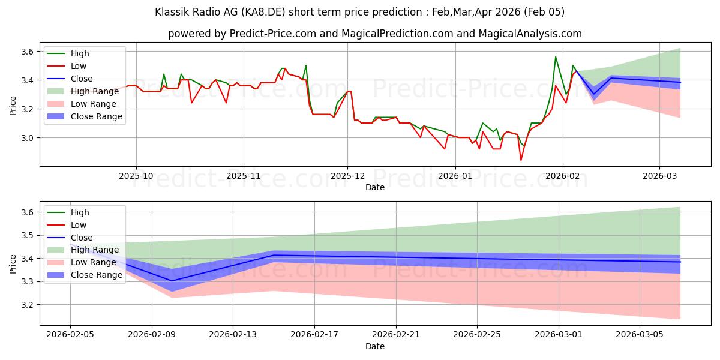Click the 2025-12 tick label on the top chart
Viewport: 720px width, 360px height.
347,176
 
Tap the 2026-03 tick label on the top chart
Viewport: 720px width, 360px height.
659,176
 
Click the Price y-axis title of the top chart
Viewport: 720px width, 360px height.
13,106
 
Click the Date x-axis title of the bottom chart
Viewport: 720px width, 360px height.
375,346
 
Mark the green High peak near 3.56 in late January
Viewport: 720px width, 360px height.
556,57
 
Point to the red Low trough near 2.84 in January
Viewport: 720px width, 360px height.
521,160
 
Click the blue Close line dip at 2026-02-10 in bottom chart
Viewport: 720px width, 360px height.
172,281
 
